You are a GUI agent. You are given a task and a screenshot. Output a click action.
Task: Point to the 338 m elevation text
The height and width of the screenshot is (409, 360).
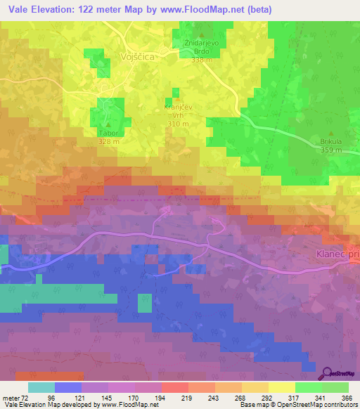[x=202, y=60]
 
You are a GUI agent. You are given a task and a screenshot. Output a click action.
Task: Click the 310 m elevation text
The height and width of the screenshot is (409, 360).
[x=179, y=124]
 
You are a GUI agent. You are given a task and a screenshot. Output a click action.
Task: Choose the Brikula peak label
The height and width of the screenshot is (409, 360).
[x=330, y=141]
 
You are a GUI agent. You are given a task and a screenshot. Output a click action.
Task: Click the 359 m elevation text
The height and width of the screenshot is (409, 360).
[x=330, y=150]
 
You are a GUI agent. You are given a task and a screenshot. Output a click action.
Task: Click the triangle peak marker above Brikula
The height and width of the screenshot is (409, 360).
[x=331, y=131]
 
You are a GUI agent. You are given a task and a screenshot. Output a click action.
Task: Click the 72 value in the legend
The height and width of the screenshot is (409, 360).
[x=22, y=398]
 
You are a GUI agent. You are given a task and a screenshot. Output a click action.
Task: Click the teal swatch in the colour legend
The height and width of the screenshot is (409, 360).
[x=41, y=387]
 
